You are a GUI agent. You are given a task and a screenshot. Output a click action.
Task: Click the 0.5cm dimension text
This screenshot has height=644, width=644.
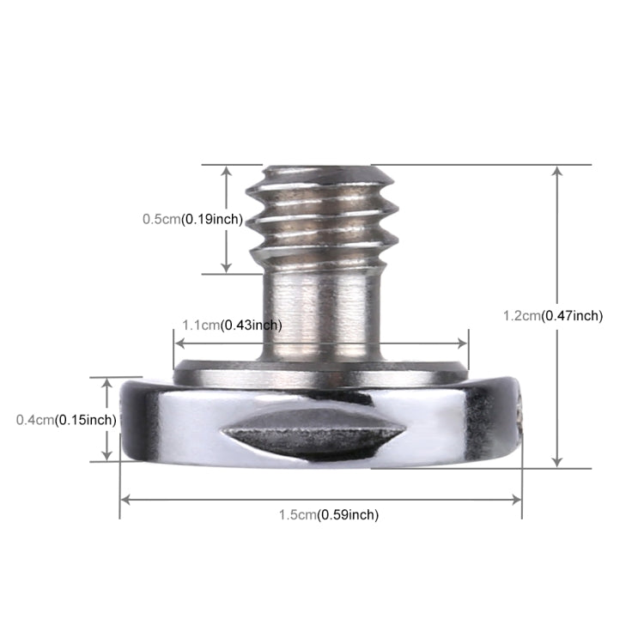pyautogui.click(x=161, y=219)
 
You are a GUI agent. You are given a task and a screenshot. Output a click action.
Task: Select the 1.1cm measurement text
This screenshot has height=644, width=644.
pyautogui.click(x=201, y=325)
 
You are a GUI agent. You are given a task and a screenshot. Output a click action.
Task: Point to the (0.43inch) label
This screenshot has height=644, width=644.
pyautogui.click(x=252, y=325)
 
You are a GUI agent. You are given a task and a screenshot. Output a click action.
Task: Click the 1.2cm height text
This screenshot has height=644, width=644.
pyautogui.click(x=521, y=316)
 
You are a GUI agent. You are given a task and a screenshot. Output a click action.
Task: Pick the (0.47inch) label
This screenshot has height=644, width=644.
pyautogui.click(x=572, y=316)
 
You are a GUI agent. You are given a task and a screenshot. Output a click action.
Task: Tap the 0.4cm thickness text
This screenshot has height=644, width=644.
pyautogui.click(x=35, y=420)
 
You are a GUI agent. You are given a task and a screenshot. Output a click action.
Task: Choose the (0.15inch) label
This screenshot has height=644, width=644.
pyautogui.click(x=86, y=420)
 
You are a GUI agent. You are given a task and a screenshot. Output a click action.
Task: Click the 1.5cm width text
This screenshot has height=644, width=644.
pyautogui.click(x=297, y=515)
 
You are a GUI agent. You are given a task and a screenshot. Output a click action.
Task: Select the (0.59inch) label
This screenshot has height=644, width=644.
pyautogui.click(x=348, y=515)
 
